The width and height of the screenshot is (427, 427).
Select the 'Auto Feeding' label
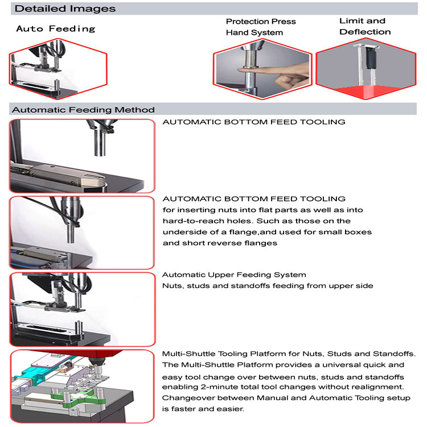[x=55, y=28]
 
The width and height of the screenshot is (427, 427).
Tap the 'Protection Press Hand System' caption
[x=261, y=27]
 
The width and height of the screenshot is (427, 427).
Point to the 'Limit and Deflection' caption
[x=365, y=26]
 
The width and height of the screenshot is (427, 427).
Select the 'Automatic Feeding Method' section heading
[x=83, y=109]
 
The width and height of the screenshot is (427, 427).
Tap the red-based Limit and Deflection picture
[x=364, y=68]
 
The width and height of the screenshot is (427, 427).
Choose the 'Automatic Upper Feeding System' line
[x=235, y=275]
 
